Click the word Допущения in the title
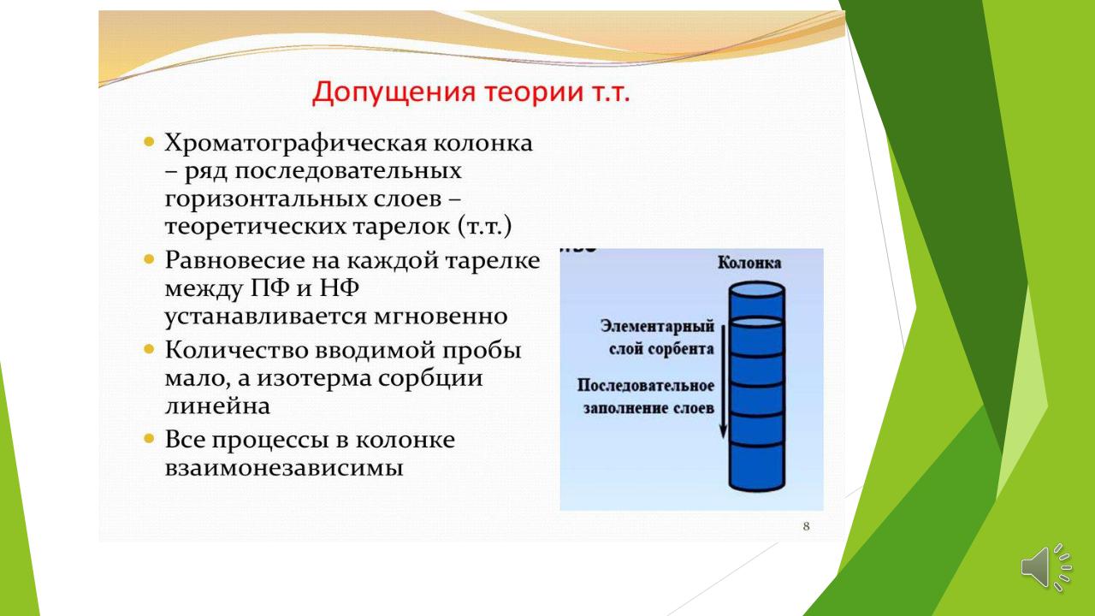coord(394,92)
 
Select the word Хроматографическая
coord(293,144)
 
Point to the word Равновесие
coord(234,260)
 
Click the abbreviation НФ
coord(339,287)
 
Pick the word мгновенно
coord(441,317)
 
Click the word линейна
coord(217,406)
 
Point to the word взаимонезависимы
coord(284,468)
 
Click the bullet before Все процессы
coord(149,438)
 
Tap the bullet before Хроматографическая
coord(149,142)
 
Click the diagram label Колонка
coord(749,263)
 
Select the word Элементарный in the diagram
coord(658,327)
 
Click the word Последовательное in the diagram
coord(646,386)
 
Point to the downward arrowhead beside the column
coord(723,432)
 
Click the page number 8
coord(806,526)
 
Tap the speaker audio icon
coord(1046,567)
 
